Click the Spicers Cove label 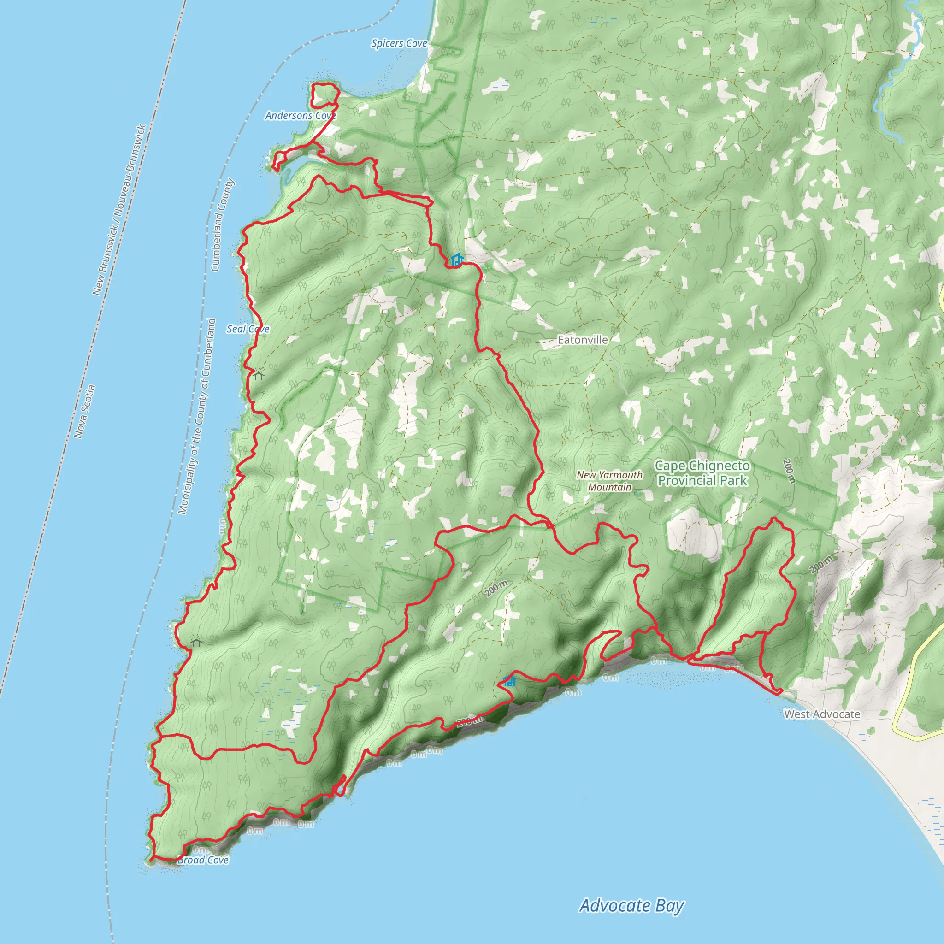[x=399, y=43]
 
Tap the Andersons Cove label [x=300, y=116]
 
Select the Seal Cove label [x=248, y=329]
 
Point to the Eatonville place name [x=583, y=340]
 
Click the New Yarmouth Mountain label [x=609, y=481]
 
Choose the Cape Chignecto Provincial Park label [x=702, y=473]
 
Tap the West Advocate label [x=822, y=714]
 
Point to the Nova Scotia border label [x=84, y=412]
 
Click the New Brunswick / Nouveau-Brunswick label [x=119, y=210]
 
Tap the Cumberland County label [x=222, y=224]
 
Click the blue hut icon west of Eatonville [x=457, y=260]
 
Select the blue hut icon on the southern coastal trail [x=510, y=681]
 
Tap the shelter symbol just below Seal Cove [x=259, y=375]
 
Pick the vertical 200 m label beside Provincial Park [x=788, y=471]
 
